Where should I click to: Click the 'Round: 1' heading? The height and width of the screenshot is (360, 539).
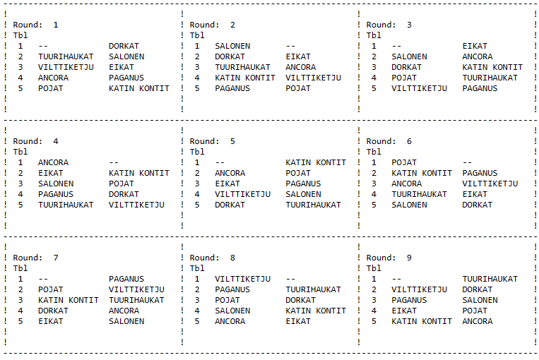[x=35, y=25]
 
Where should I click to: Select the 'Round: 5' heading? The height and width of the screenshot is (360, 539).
[x=212, y=141]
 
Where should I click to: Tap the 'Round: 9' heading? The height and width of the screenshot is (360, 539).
[x=389, y=258]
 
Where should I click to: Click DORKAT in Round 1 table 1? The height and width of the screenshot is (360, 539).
[x=124, y=46]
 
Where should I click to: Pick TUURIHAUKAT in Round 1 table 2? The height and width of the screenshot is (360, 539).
[x=66, y=56]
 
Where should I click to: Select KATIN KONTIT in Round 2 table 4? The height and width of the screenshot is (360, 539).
[x=245, y=78]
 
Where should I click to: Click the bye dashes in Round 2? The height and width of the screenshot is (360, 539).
[x=290, y=46]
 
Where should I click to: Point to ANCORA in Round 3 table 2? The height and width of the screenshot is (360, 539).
[x=478, y=56]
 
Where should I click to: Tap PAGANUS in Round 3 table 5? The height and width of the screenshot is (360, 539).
[x=480, y=89]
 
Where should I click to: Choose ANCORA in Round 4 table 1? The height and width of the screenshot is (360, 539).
[x=53, y=162]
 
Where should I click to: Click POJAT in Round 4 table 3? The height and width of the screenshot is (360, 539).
[x=122, y=184]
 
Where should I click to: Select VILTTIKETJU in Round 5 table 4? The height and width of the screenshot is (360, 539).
[x=243, y=194]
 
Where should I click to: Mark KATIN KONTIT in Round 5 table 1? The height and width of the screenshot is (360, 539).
[x=316, y=162]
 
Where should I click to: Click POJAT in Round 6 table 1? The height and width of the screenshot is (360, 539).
[x=404, y=162]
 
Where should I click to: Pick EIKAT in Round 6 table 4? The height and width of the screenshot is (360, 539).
[x=475, y=194]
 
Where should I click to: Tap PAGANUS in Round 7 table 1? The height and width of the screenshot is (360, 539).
[x=126, y=279]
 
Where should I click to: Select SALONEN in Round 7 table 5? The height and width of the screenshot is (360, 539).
[x=126, y=321]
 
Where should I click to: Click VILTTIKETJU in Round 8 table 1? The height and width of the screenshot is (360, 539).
[x=243, y=279]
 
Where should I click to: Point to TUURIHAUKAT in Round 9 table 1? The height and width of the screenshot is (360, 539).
[x=490, y=279]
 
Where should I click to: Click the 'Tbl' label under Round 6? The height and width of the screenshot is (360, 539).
[x=374, y=152]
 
